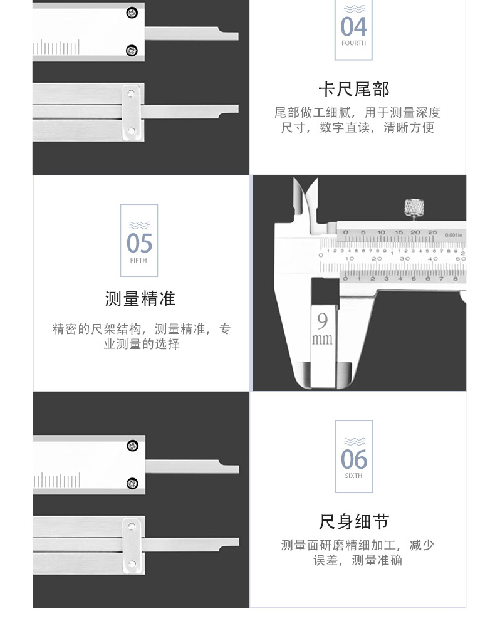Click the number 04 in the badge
click(353, 27)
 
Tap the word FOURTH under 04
click(353, 43)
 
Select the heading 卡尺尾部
click(353, 89)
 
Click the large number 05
click(139, 243)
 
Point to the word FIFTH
click(138, 260)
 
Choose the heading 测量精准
click(140, 299)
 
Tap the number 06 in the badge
click(353, 459)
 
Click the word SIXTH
click(353, 476)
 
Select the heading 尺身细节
click(354, 521)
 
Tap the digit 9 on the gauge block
click(322, 321)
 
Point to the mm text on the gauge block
click(322, 340)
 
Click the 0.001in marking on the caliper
click(452, 235)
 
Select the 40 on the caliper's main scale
click(432, 258)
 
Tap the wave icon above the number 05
click(138, 224)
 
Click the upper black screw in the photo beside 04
click(132, 12)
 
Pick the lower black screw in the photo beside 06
click(132, 482)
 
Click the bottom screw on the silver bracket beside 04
click(131, 130)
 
